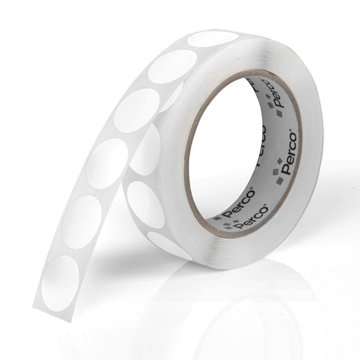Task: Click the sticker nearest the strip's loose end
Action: coord(60,283)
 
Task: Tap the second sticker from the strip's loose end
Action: coord(81,222)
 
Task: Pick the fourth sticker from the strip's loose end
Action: coord(137,110)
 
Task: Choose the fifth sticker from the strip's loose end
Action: coord(172,67)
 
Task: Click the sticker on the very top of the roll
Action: coord(213,39)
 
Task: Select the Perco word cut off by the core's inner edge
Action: coord(261,146)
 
